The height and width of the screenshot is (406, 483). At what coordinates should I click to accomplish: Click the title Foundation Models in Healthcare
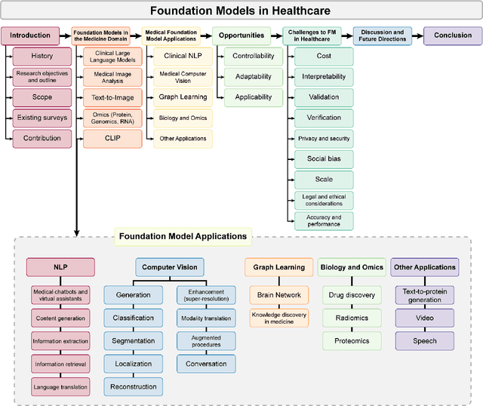(240, 11)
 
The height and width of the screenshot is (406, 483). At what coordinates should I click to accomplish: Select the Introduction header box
(30, 35)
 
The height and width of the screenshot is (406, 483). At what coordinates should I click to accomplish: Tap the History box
(42, 56)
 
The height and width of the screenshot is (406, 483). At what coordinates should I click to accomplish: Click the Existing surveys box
(42, 118)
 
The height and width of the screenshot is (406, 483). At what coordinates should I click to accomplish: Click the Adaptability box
(253, 76)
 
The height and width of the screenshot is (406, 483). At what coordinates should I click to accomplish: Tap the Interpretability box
(324, 76)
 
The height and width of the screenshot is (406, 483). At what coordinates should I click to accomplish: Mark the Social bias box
(324, 158)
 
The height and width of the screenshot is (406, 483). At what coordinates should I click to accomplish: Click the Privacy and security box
(324, 138)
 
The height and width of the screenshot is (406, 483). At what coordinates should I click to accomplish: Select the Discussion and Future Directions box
(382, 35)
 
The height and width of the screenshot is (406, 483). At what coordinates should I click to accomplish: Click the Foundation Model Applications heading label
(183, 236)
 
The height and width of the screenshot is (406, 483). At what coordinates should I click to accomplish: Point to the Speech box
(425, 340)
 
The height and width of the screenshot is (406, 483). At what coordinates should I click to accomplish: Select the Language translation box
(60, 386)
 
